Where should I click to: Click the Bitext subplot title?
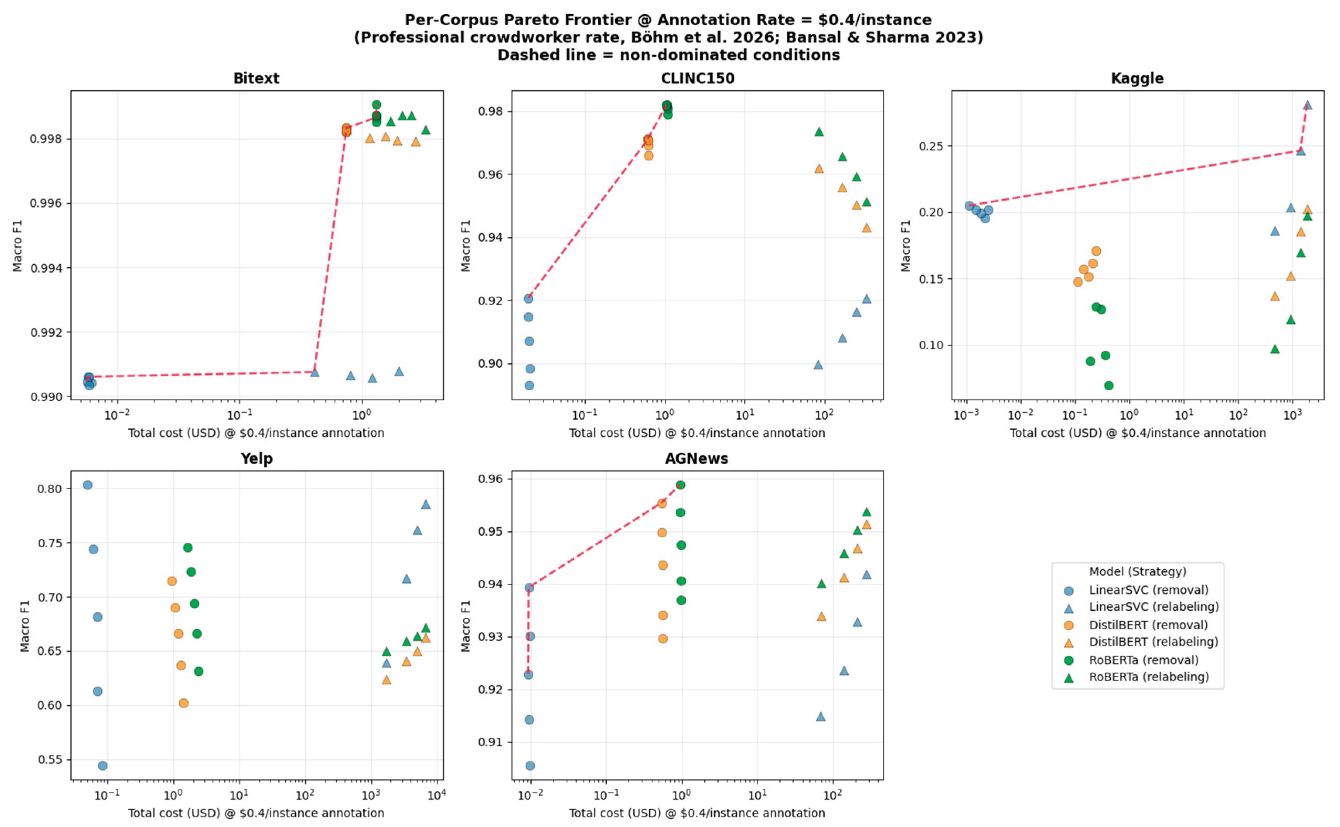pyautogui.click(x=256, y=78)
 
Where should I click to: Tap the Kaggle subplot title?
pyautogui.click(x=1137, y=78)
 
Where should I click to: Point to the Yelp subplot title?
pyautogui.click(x=256, y=458)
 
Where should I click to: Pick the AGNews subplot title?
pyautogui.click(x=697, y=458)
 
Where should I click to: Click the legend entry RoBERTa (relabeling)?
pyautogui.click(x=1148, y=677)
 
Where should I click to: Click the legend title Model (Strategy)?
pyautogui.click(x=1137, y=572)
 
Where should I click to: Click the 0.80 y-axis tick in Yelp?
pyautogui.click(x=50, y=489)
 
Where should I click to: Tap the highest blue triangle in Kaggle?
pyautogui.click(x=1307, y=105)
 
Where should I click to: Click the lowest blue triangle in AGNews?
pyautogui.click(x=820, y=716)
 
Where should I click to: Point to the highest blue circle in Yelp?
pyautogui.click(x=87, y=485)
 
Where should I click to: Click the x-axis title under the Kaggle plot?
pyautogui.click(x=1137, y=432)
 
